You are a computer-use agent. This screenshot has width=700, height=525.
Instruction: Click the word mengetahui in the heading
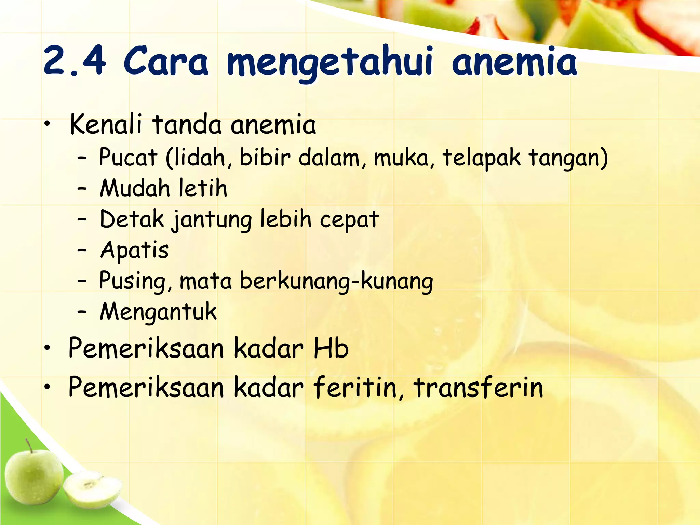point(329,63)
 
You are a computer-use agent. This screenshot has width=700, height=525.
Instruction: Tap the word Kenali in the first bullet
point(106,124)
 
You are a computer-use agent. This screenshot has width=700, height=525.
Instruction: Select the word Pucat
point(128,158)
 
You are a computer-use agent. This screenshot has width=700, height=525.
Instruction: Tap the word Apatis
point(134,250)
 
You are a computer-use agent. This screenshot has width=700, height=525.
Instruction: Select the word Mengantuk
point(158,312)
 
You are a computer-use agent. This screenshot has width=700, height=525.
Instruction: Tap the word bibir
point(265,158)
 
